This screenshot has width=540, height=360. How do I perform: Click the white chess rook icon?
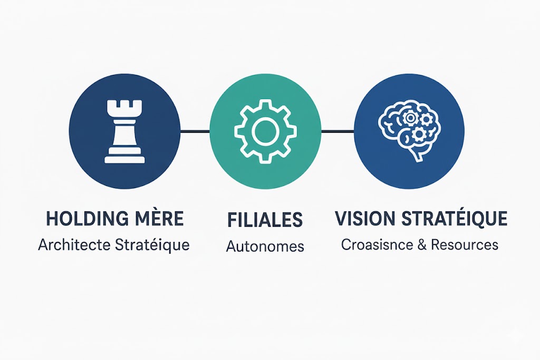124,131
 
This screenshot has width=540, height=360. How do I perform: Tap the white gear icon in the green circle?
265,131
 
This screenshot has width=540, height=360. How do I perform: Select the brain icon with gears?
409,131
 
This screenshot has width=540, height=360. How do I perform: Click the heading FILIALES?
265,220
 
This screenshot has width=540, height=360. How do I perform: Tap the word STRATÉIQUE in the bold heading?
455,218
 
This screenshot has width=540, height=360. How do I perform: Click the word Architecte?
74,245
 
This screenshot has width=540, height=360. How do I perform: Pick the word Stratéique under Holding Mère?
152,246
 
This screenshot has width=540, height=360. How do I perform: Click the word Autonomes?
265,247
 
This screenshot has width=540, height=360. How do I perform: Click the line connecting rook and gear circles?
195,131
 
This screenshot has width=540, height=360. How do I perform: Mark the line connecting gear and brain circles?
337,131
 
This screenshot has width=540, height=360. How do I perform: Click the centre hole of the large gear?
265,131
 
